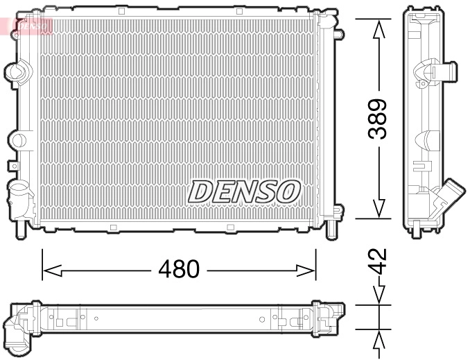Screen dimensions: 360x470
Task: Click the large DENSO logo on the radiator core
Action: coord(245,191)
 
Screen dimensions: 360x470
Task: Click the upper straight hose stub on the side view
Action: coord(444,71)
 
